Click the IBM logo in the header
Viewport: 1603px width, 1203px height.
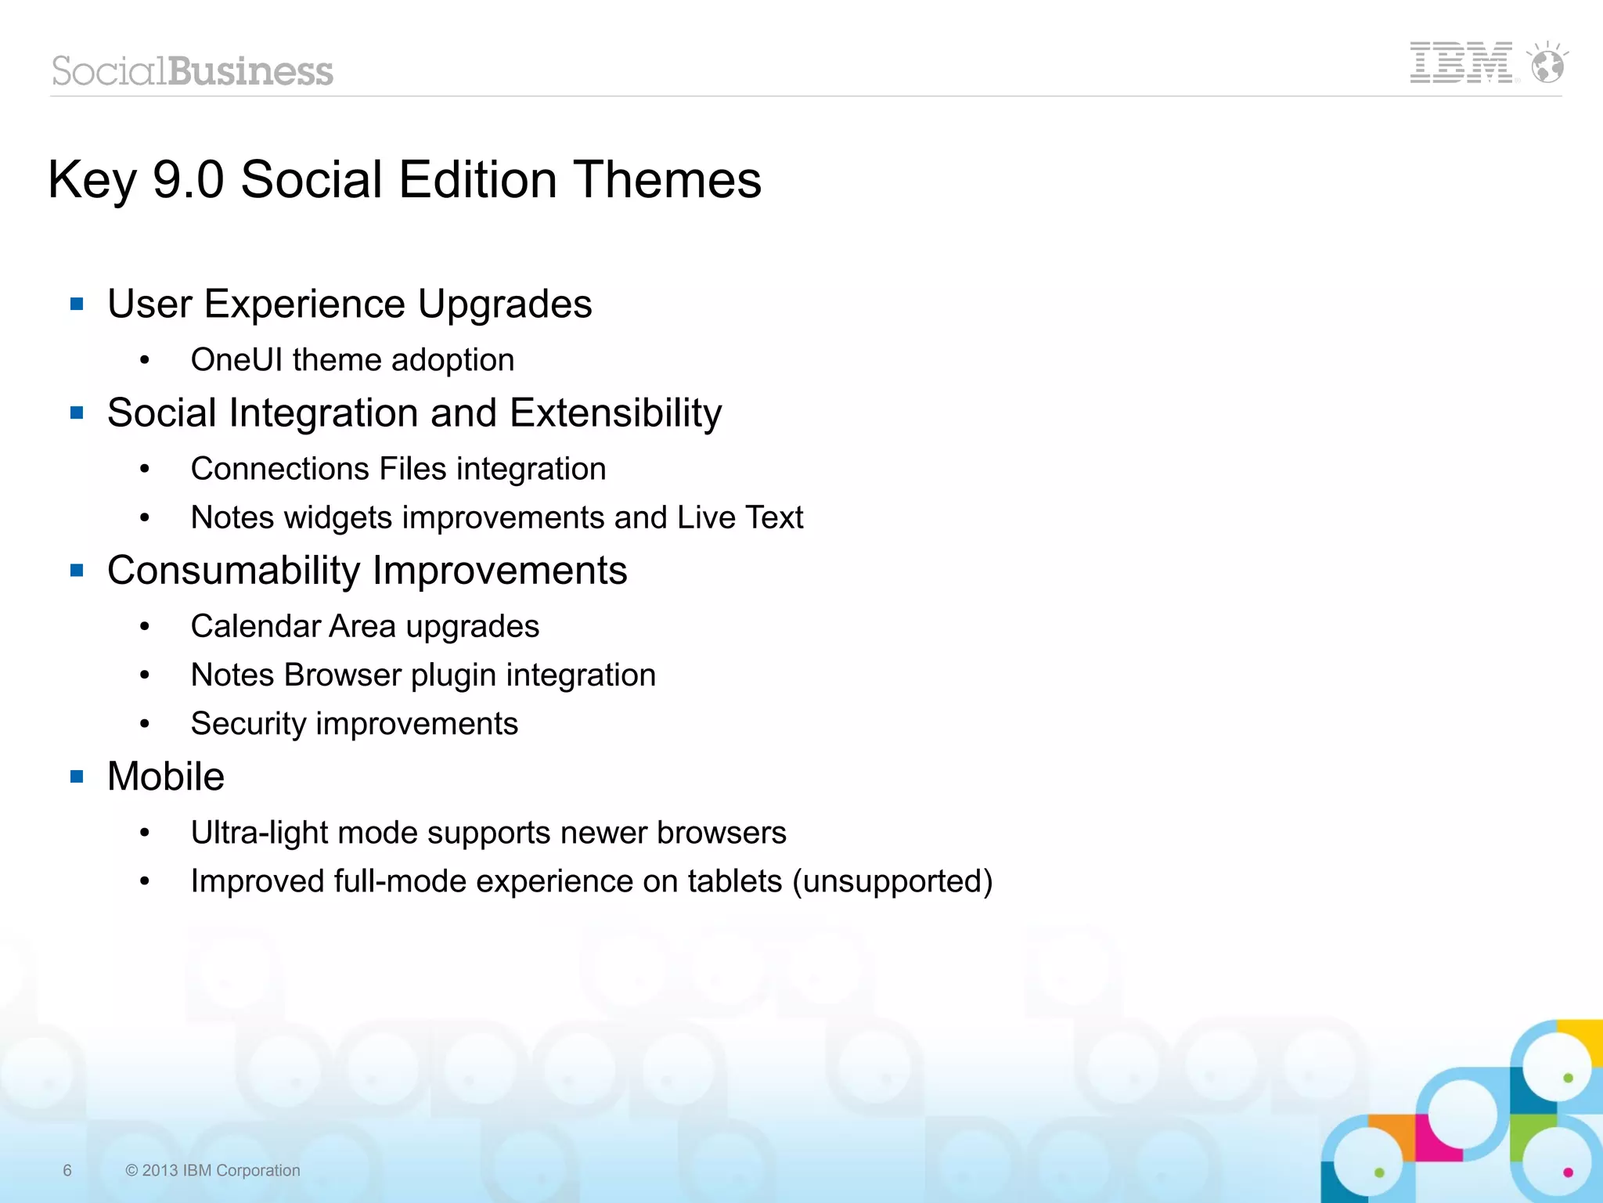(x=1461, y=63)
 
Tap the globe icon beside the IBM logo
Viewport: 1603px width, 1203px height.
(x=1547, y=64)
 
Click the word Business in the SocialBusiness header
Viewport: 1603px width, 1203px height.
(x=250, y=71)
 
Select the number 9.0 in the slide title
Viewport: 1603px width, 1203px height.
(x=188, y=179)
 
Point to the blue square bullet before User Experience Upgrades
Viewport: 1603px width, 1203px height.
(x=77, y=304)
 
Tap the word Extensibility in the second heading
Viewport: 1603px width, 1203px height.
(x=615, y=412)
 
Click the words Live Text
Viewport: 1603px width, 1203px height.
(x=740, y=517)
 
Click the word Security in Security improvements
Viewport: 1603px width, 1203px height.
(x=247, y=724)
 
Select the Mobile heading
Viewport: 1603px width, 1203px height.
(x=166, y=776)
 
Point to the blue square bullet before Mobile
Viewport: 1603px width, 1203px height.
(x=77, y=776)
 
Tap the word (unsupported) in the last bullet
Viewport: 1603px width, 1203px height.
(x=892, y=881)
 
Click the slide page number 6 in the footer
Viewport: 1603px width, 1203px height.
(x=67, y=1170)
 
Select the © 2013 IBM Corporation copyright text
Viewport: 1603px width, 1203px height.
(x=212, y=1170)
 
